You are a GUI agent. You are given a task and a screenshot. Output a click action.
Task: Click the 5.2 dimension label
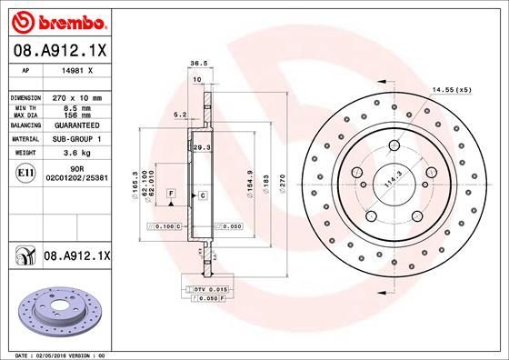pos(179,115)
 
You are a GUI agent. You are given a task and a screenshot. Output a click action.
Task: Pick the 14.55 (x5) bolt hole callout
pos(452,90)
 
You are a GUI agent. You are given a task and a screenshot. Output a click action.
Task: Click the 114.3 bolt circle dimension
pos(392,181)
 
